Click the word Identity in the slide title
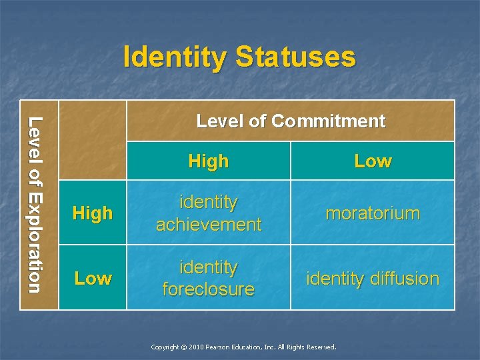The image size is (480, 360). tap(175, 57)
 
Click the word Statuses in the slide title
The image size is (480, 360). tap(294, 57)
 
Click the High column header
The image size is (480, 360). tap(209, 161)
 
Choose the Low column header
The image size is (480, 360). tap(373, 161)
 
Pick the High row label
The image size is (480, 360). tap(93, 213)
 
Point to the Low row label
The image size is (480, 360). tap(93, 278)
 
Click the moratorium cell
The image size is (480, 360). tap(373, 213)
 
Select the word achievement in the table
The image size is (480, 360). tap(209, 225)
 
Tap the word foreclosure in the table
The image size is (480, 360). tap(209, 289)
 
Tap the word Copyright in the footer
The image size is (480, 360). tap(165, 347)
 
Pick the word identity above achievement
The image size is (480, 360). tap(209, 201)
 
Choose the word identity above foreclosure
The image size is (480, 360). tap(209, 267)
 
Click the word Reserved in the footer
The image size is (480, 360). tap(322, 347)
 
